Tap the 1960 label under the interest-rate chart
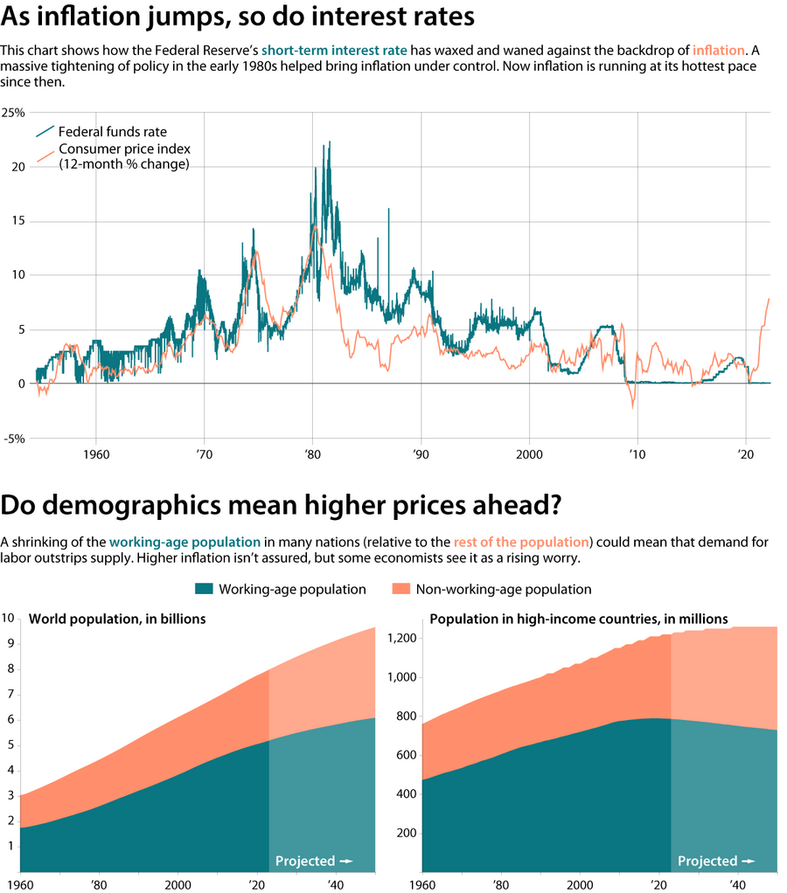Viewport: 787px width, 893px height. [95, 455]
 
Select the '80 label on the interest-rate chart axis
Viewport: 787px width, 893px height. [312, 455]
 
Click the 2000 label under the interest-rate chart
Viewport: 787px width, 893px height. [529, 455]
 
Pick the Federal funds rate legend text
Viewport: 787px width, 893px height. [112, 132]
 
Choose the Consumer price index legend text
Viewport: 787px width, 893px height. [124, 149]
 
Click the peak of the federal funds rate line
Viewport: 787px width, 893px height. [329, 142]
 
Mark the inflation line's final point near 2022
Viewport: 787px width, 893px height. [769, 300]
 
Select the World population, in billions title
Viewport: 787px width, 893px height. [117, 620]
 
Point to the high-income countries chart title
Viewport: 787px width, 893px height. [578, 620]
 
